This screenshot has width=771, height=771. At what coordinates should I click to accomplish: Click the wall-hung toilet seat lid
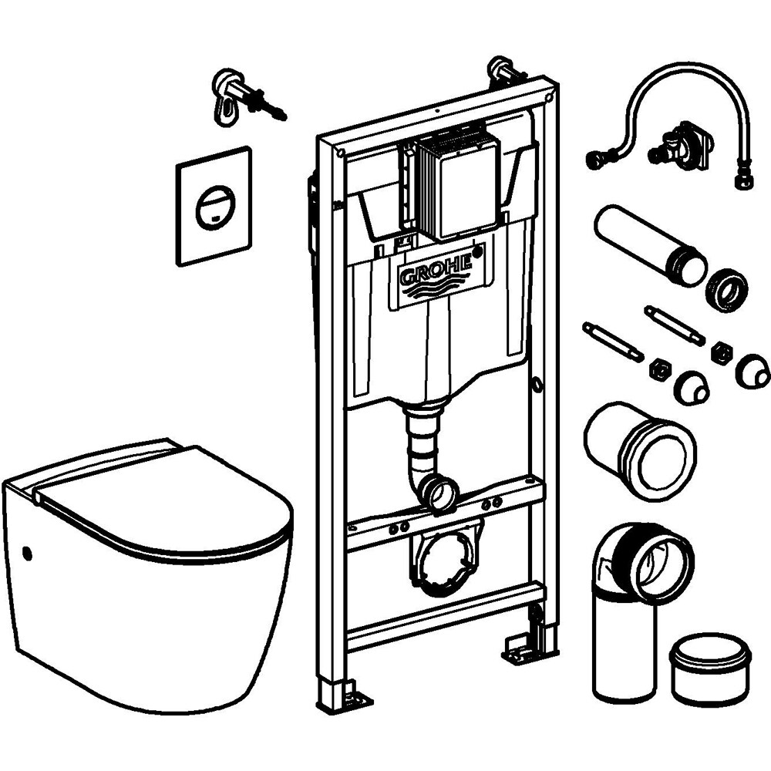162,501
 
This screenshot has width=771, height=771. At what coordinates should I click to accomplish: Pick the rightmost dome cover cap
752,375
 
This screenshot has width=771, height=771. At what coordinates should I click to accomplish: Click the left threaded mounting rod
613,341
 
